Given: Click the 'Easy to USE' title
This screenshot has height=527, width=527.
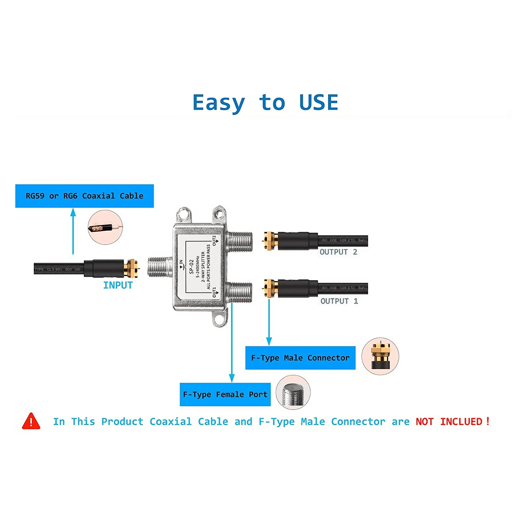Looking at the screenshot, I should pos(265,103).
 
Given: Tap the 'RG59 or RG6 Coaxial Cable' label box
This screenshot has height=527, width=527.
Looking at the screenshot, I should pos(84,196).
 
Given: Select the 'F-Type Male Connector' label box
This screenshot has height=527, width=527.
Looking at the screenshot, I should pos(300,358).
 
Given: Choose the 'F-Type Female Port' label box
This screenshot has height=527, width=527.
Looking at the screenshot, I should pos(225,394).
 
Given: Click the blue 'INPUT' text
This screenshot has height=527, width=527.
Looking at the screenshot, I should pos(118,285).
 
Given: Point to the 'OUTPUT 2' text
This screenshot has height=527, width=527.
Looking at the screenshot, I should pos(338,252).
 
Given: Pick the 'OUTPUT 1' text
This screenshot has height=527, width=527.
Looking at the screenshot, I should pos(339,301).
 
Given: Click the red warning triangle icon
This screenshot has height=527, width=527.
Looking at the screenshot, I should pos(31,421).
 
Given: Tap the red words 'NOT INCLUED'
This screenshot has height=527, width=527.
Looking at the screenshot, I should pos(452,421).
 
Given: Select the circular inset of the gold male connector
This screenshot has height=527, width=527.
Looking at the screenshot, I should pos(380,356).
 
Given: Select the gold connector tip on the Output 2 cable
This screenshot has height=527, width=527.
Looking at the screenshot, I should pos(270,241).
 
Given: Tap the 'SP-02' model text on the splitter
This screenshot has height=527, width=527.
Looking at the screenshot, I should pos(191,266).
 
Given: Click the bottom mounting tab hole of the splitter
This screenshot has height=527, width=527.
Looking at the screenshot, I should pos(219,319).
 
